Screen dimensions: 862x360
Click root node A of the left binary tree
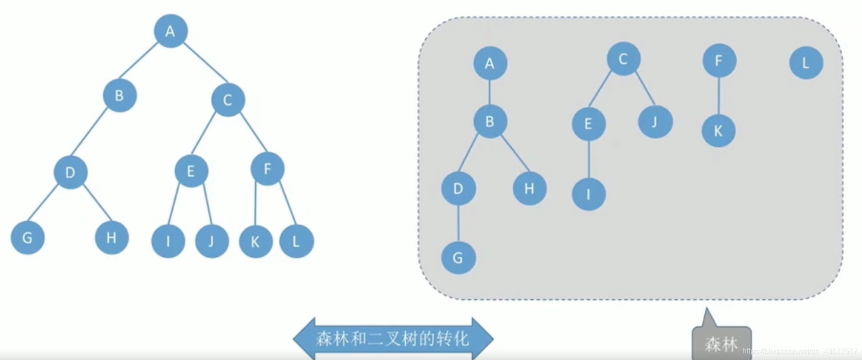[x=170, y=31]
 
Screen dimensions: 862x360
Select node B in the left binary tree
[x=120, y=96]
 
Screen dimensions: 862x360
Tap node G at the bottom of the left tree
[x=28, y=238]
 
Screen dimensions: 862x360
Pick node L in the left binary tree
[x=296, y=241]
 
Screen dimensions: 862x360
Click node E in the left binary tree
[x=191, y=170]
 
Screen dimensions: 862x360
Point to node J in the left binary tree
[x=212, y=241]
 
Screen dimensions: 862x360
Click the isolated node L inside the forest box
[x=806, y=63]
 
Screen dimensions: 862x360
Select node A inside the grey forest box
[x=490, y=63]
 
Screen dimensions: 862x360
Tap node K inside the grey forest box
[x=718, y=131]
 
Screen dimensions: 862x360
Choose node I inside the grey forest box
[x=588, y=194]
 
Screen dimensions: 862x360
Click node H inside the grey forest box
[x=530, y=189]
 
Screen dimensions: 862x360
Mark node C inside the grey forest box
[x=623, y=59]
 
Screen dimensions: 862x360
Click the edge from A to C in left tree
[x=205, y=62]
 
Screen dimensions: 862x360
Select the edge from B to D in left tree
[x=89, y=133]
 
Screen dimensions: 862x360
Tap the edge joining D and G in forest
[x=458, y=224]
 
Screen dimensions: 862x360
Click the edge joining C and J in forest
[x=645, y=88]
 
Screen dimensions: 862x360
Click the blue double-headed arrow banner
[x=393, y=339]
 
